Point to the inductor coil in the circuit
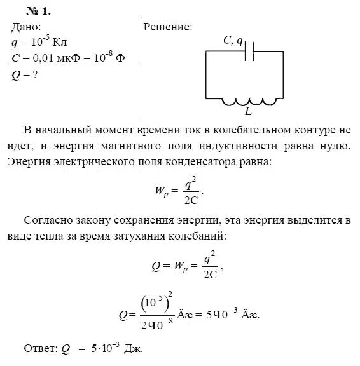(251, 102)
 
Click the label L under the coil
(248, 112)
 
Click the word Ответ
(39, 349)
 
